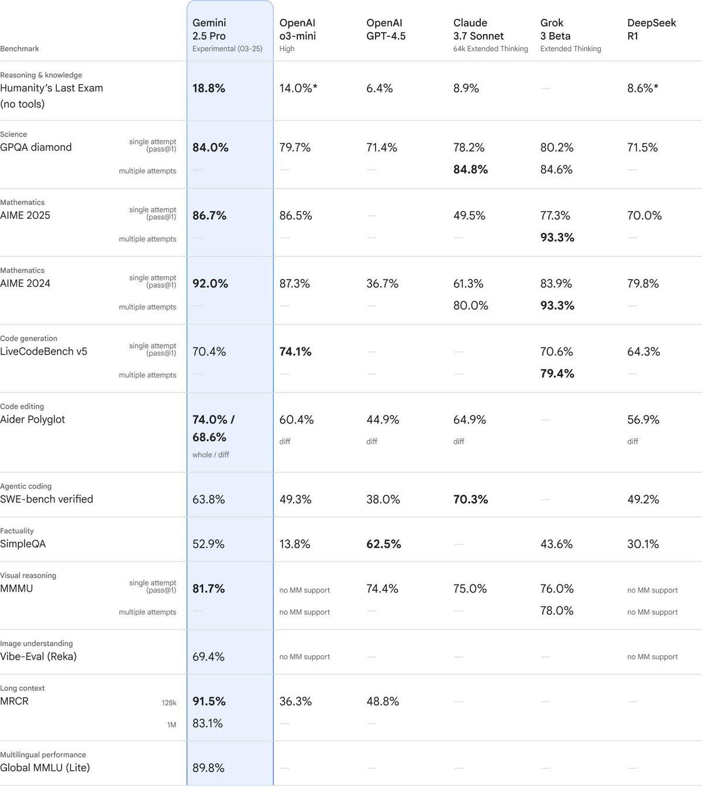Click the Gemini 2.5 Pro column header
(209, 29)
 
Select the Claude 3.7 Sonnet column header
(478, 29)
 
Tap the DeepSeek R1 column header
(651, 29)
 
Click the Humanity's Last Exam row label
(51, 88)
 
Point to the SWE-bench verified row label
(47, 499)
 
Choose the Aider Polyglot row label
(33, 419)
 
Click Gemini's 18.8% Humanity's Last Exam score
(209, 88)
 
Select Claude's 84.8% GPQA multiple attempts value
(470, 170)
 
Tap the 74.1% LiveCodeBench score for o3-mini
(295, 352)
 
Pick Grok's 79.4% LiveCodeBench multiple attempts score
(557, 374)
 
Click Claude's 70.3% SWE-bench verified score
(470, 500)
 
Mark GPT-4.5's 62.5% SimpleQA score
(384, 544)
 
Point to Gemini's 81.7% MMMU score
(209, 589)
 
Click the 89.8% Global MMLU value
(208, 768)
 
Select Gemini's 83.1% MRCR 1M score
(208, 724)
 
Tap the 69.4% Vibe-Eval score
(208, 656)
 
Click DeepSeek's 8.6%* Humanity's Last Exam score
(642, 88)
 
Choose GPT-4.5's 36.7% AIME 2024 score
(382, 284)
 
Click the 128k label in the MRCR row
(169, 703)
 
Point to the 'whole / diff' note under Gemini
(211, 455)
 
